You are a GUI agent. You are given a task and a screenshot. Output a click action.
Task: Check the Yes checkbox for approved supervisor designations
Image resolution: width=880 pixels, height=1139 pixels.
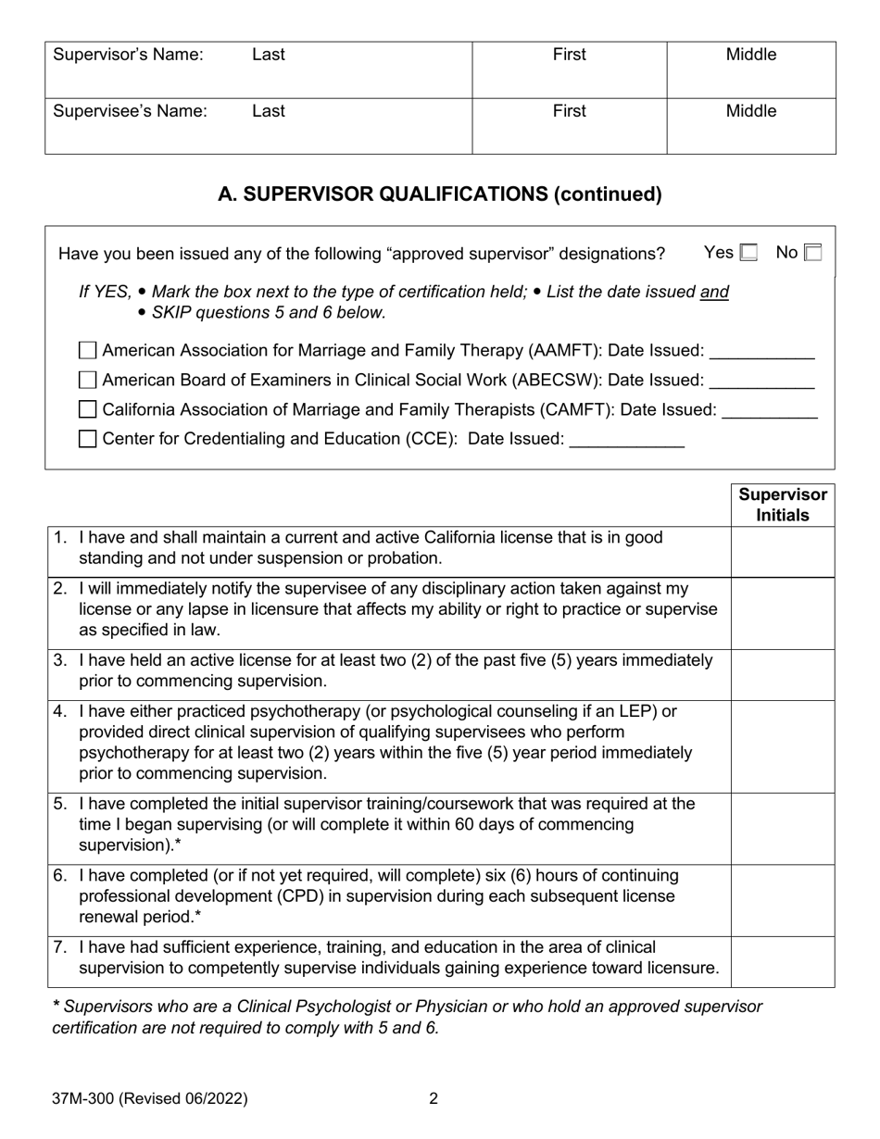(748, 253)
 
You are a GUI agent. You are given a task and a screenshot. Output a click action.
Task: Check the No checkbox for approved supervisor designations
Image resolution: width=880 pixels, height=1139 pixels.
(812, 253)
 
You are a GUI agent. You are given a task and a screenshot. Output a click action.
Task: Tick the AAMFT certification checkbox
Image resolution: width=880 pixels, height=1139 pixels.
(88, 351)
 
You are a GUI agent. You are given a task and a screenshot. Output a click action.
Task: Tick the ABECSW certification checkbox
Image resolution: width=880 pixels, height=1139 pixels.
(88, 380)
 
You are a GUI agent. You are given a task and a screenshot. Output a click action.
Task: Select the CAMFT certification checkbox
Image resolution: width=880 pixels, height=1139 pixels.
(88, 409)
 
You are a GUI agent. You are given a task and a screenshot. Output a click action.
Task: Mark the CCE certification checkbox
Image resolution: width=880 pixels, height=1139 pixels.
(88, 439)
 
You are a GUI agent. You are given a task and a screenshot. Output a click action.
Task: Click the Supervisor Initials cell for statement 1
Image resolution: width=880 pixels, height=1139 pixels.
(783, 552)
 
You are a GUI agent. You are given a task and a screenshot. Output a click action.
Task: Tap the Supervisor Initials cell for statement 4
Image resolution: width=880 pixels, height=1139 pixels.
(783, 746)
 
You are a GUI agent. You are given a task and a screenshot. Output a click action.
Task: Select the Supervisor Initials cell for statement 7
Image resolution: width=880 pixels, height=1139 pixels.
(783, 962)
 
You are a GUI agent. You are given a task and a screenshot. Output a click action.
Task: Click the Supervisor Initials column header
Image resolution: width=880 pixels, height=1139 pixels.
(783, 505)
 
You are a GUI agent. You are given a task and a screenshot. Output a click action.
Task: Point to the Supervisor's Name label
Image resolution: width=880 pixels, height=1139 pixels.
(128, 55)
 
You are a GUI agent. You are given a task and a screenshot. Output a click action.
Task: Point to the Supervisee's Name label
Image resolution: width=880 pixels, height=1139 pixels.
(130, 111)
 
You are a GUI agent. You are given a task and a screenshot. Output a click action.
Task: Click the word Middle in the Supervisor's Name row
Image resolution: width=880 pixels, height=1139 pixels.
(750, 55)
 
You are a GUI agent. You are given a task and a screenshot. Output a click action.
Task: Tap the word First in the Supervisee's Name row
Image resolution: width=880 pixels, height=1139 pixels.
(569, 111)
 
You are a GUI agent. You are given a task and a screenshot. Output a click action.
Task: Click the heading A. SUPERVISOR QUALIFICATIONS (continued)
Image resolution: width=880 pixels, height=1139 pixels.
(440, 194)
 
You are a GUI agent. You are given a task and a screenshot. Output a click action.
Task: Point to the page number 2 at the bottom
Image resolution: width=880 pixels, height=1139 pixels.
(434, 1099)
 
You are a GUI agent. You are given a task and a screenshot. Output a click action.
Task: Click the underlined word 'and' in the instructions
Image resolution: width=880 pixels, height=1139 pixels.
(714, 293)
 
